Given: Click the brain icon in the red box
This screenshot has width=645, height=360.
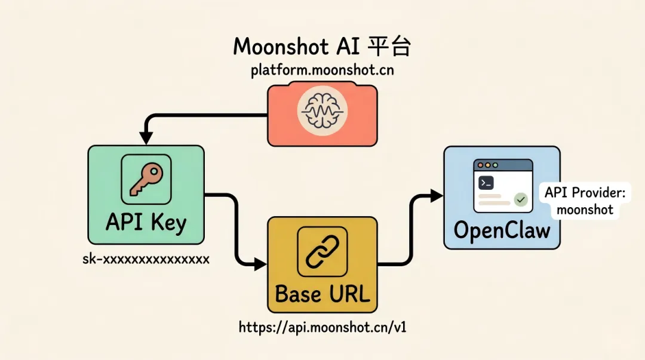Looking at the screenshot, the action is click(322, 110).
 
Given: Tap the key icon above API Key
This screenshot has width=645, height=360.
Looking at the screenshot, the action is click(146, 179).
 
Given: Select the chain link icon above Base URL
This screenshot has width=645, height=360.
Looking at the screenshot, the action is click(322, 251).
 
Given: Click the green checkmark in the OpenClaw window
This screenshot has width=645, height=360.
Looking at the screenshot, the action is click(521, 199).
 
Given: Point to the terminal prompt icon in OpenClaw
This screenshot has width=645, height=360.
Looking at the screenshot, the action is click(486, 183).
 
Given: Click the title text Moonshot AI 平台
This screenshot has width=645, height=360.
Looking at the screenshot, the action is click(322, 46).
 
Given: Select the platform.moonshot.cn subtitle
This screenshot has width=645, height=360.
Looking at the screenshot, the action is click(322, 70).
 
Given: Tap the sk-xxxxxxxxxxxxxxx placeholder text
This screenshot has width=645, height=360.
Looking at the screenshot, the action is click(146, 259).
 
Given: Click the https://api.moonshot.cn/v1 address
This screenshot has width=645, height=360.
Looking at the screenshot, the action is click(322, 328).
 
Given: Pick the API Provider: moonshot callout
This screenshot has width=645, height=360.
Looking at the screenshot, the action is click(585, 201).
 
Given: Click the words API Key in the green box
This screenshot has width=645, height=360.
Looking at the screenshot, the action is click(146, 223).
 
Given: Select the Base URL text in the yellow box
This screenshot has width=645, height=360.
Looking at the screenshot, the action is click(322, 294).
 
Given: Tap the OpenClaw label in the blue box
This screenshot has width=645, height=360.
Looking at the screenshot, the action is click(502, 230).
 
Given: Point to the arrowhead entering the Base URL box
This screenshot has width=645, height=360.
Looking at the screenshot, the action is click(260, 264).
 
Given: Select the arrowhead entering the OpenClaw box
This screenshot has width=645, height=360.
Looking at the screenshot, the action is click(437, 196).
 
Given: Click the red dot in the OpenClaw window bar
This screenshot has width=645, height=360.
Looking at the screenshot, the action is click(480, 165).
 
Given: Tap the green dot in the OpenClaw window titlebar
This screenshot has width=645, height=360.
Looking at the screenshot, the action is click(495, 165).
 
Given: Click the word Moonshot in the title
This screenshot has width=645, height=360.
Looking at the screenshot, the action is click(281, 46).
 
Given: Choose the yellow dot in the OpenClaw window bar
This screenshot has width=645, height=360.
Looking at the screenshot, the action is click(488, 165).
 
